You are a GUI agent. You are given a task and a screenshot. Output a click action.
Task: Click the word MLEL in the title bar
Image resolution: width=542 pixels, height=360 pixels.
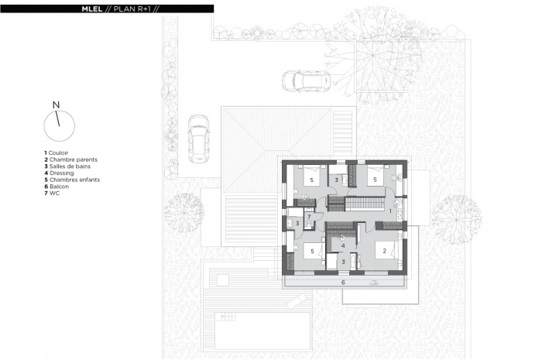pos(92,9)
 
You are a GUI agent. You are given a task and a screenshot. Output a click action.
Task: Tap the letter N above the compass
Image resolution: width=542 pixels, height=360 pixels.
pos(56,105)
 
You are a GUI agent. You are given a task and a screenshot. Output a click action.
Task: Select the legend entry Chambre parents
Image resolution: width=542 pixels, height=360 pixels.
pos(71,159)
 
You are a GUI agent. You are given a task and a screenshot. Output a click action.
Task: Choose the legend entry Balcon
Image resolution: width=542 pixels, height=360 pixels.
pos(57,187)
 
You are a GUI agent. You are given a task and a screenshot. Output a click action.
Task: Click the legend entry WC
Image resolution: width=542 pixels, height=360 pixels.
pos(52,193)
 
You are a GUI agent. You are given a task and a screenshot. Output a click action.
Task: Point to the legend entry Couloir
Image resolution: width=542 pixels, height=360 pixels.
pos(57,153)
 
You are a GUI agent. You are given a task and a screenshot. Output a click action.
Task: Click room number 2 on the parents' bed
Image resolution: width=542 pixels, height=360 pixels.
pos(384,251)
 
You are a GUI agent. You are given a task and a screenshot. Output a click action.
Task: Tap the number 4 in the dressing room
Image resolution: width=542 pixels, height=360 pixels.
pos(343,245)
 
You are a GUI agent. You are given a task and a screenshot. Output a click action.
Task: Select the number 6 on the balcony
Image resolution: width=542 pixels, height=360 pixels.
pos(343,283)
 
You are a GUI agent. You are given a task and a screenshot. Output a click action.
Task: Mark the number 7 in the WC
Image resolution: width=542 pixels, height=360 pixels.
pos(309,217)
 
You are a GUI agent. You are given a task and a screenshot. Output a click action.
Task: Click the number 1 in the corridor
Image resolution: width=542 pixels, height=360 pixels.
pos(390,211)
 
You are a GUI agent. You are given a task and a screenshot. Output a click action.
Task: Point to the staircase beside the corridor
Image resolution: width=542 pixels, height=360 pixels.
pos(365,204)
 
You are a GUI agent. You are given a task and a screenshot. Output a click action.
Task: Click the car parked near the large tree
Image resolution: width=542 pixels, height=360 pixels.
pos(307,81)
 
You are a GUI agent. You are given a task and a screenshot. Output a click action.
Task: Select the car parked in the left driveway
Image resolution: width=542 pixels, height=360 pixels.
pos(199,139)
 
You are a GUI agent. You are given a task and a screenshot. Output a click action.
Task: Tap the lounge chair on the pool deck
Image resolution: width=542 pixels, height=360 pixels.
pos(297,301)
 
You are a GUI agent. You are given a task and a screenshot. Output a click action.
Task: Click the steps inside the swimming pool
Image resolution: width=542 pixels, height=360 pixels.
pos(228,316)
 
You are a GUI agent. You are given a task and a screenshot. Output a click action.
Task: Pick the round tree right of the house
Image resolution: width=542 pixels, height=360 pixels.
pos(456,220)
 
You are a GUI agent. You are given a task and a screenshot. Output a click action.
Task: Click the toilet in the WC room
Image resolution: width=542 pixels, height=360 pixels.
pos(308,225)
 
